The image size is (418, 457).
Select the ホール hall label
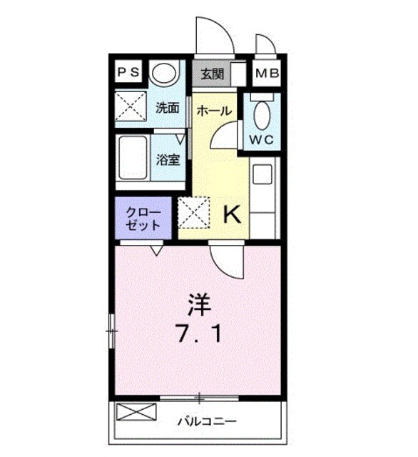click(x=213, y=111)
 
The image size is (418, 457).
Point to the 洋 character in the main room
click(x=200, y=306)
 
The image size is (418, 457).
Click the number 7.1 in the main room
click(x=200, y=333)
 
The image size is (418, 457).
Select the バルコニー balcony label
click(x=207, y=421)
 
